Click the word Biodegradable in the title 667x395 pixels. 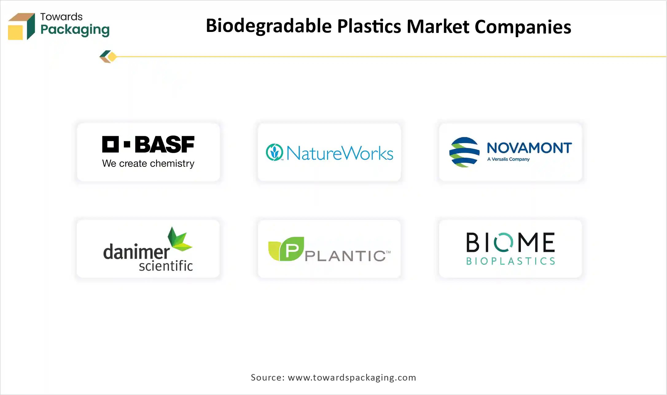point(269,26)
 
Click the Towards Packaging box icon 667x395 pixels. point(21,26)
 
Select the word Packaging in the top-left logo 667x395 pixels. point(75,30)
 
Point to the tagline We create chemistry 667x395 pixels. point(148,163)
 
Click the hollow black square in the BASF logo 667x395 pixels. point(110,144)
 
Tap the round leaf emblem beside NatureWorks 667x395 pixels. point(274,152)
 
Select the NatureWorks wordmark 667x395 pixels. point(340,153)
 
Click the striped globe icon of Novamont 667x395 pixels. point(464,152)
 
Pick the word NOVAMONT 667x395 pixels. point(529,148)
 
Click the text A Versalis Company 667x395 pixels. point(508,159)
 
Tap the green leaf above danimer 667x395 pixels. point(179,239)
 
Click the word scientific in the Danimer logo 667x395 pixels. point(166,266)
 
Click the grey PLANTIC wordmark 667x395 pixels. point(345,256)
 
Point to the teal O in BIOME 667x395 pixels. point(503,242)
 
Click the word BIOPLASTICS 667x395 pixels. point(510,261)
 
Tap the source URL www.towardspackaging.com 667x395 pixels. point(352,377)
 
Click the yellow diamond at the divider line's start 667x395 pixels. point(112,57)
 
